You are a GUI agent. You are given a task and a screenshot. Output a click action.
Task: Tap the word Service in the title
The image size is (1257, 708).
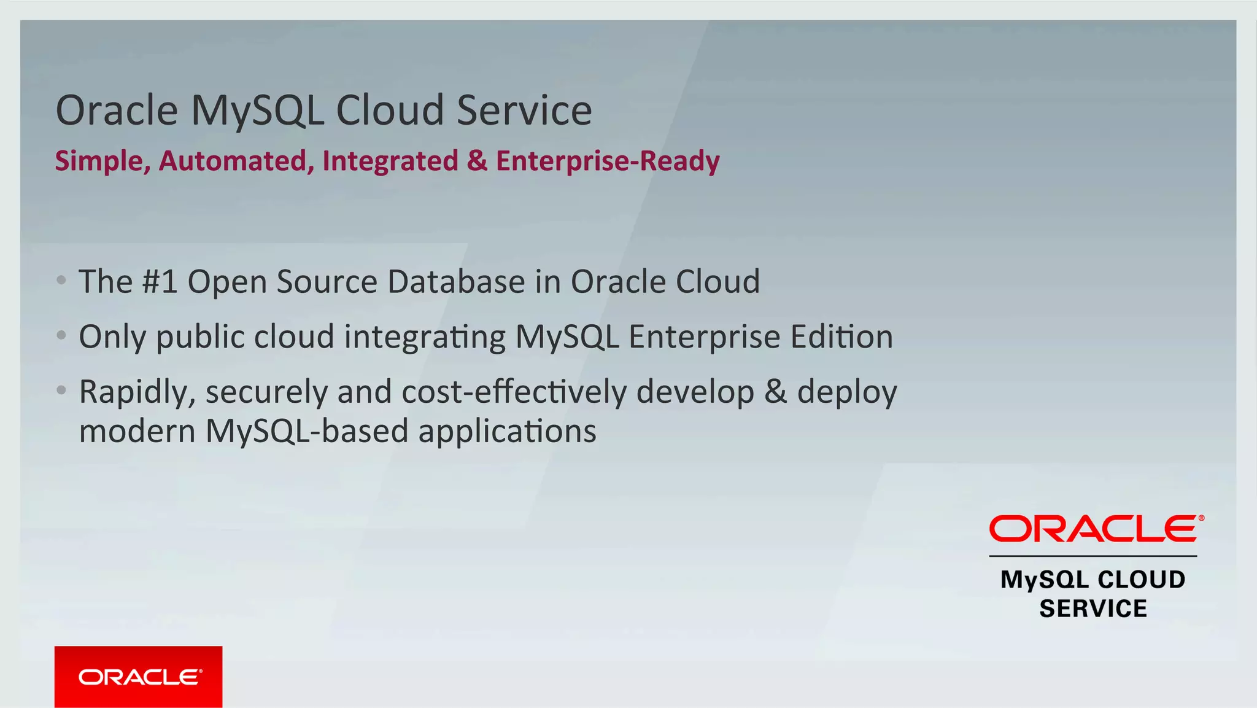(x=524, y=110)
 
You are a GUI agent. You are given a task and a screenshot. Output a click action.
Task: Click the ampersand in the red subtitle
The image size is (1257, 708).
(x=477, y=161)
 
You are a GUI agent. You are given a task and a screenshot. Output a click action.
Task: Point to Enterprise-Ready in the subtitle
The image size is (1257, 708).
(x=608, y=161)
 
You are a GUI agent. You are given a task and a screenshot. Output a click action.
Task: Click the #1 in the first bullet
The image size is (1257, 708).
(x=160, y=282)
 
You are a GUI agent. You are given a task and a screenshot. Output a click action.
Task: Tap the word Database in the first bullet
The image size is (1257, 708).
(x=456, y=282)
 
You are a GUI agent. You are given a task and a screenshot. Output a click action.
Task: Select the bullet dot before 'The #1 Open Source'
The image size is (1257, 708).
(x=61, y=281)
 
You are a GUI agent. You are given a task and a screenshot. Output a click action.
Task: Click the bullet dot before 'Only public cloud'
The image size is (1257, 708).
(x=61, y=335)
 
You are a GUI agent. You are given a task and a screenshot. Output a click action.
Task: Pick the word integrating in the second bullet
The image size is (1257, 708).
(x=424, y=337)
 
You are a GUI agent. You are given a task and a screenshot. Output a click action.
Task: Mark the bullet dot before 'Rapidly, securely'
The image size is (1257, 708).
(x=61, y=390)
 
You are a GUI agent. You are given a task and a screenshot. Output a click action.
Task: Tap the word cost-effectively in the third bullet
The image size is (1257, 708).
(x=514, y=392)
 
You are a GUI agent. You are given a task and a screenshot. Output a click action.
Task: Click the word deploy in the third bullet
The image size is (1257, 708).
(x=847, y=393)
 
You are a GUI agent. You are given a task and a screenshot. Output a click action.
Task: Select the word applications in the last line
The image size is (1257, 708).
(x=507, y=432)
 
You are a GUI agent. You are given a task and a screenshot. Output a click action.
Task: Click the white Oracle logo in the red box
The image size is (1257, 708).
(x=139, y=677)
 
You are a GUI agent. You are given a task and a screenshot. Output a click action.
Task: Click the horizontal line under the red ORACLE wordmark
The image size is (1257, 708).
(x=1093, y=556)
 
